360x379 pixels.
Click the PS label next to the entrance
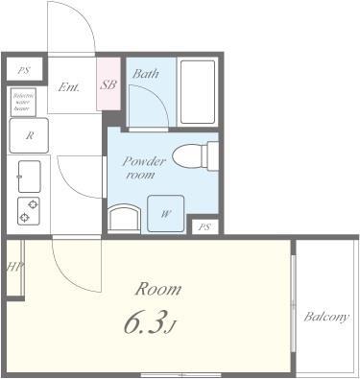(23, 71)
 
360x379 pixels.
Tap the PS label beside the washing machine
(203, 227)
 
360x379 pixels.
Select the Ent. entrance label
(70, 86)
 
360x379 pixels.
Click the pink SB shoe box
(108, 84)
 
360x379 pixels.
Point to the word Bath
(146, 74)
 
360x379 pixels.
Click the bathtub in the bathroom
(198, 93)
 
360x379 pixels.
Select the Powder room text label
(144, 169)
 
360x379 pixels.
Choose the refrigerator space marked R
(29, 136)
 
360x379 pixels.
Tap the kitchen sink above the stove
(29, 176)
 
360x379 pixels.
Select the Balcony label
(326, 317)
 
